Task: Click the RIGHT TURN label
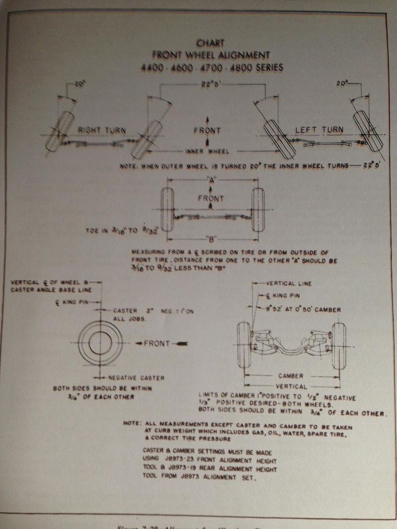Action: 101,131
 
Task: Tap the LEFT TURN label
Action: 320,130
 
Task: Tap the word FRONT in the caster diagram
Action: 157,343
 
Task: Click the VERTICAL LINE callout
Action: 289,283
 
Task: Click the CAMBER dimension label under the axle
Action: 291,376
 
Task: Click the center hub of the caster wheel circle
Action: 100,343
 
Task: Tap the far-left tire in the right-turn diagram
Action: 60,131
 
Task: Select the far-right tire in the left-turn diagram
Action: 368,131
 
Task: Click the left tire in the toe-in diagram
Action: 167,209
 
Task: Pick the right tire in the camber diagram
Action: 338,346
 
